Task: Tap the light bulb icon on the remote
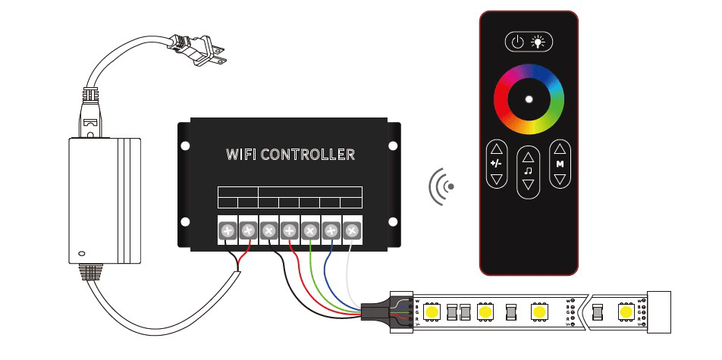tap(540, 42)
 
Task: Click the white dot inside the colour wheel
tap(529, 99)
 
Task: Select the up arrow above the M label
tap(560, 149)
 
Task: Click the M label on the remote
tap(560, 164)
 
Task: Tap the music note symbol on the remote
tap(528, 171)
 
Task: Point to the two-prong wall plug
tap(199, 52)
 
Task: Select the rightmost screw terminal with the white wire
tap(352, 230)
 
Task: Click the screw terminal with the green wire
tap(310, 230)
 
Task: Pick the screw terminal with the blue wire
tap(331, 230)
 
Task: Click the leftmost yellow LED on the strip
tap(434, 311)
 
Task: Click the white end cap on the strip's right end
tap(658, 311)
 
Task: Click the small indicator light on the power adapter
tap(82, 254)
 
